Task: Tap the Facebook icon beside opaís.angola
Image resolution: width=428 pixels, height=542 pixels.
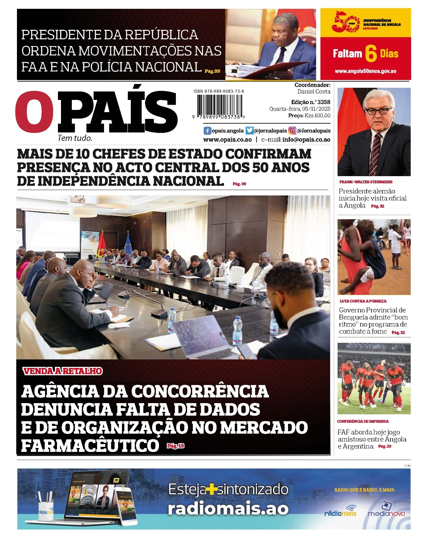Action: click(x=207, y=131)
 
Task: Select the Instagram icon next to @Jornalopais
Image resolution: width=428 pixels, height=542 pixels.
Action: click(x=292, y=131)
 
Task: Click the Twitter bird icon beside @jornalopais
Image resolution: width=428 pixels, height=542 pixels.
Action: click(x=249, y=131)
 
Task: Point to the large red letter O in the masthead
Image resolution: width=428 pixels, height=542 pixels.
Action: click(x=34, y=111)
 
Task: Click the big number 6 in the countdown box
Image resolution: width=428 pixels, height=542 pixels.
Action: click(x=371, y=54)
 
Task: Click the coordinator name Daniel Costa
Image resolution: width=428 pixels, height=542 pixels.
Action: click(x=314, y=91)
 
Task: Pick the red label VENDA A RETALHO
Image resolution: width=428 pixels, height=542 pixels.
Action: click(x=63, y=371)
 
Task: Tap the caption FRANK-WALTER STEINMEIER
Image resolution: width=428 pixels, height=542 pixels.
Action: click(x=366, y=182)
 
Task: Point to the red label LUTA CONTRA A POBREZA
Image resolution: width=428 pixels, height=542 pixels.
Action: click(x=363, y=301)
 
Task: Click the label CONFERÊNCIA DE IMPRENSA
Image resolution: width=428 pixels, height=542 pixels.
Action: click(x=363, y=421)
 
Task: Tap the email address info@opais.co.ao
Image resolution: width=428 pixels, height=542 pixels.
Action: click(x=306, y=140)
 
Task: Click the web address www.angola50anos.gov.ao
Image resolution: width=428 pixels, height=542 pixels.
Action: click(x=365, y=71)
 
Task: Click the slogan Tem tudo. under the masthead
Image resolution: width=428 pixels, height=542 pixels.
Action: click(x=75, y=138)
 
